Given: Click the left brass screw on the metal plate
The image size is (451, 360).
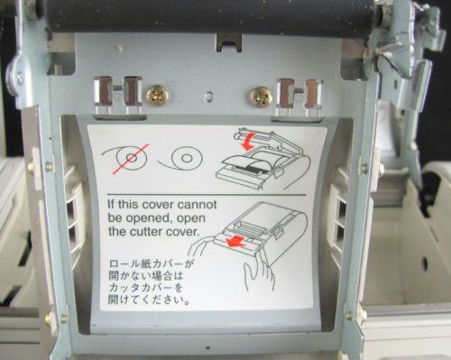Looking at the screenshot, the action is click(x=158, y=97).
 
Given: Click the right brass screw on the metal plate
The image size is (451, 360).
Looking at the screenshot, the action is click(x=260, y=97).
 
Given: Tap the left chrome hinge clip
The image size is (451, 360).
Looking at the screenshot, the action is click(x=117, y=96).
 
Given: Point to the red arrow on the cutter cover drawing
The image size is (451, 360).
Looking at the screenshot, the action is click(x=237, y=242).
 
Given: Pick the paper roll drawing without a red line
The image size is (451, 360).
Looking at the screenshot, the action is click(x=180, y=157).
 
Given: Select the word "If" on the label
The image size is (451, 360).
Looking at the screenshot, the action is click(x=111, y=205).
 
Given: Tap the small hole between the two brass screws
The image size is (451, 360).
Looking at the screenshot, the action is click(x=207, y=97).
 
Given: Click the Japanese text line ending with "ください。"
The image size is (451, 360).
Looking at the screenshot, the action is click(x=150, y=300).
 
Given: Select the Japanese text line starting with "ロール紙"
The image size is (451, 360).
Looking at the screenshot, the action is click(x=151, y=264).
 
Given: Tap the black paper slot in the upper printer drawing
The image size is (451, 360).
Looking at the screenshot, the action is click(x=252, y=169).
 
